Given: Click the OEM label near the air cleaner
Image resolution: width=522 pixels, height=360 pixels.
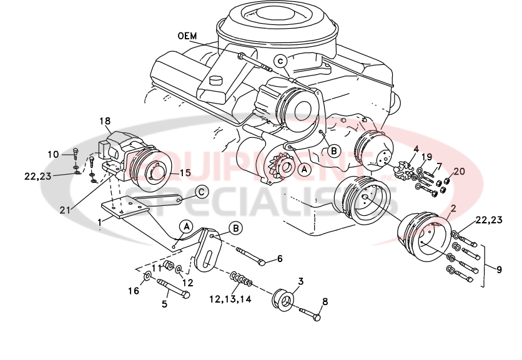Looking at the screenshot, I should [187, 36].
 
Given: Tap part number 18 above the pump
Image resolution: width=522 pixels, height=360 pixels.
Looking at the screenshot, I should [104, 121].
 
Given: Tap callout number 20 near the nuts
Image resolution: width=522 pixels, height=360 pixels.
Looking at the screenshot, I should [459, 171].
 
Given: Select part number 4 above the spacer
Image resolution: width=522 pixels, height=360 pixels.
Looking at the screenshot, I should [415, 149].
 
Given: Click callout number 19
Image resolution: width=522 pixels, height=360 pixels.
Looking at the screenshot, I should [426, 156].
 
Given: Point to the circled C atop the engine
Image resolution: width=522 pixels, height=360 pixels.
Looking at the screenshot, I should [281, 61].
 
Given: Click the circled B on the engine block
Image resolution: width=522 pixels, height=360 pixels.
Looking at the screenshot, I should [333, 150].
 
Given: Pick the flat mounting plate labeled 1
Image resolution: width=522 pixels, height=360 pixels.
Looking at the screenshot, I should [125, 208].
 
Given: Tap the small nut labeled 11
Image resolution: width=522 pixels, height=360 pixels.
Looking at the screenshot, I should [168, 268].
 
